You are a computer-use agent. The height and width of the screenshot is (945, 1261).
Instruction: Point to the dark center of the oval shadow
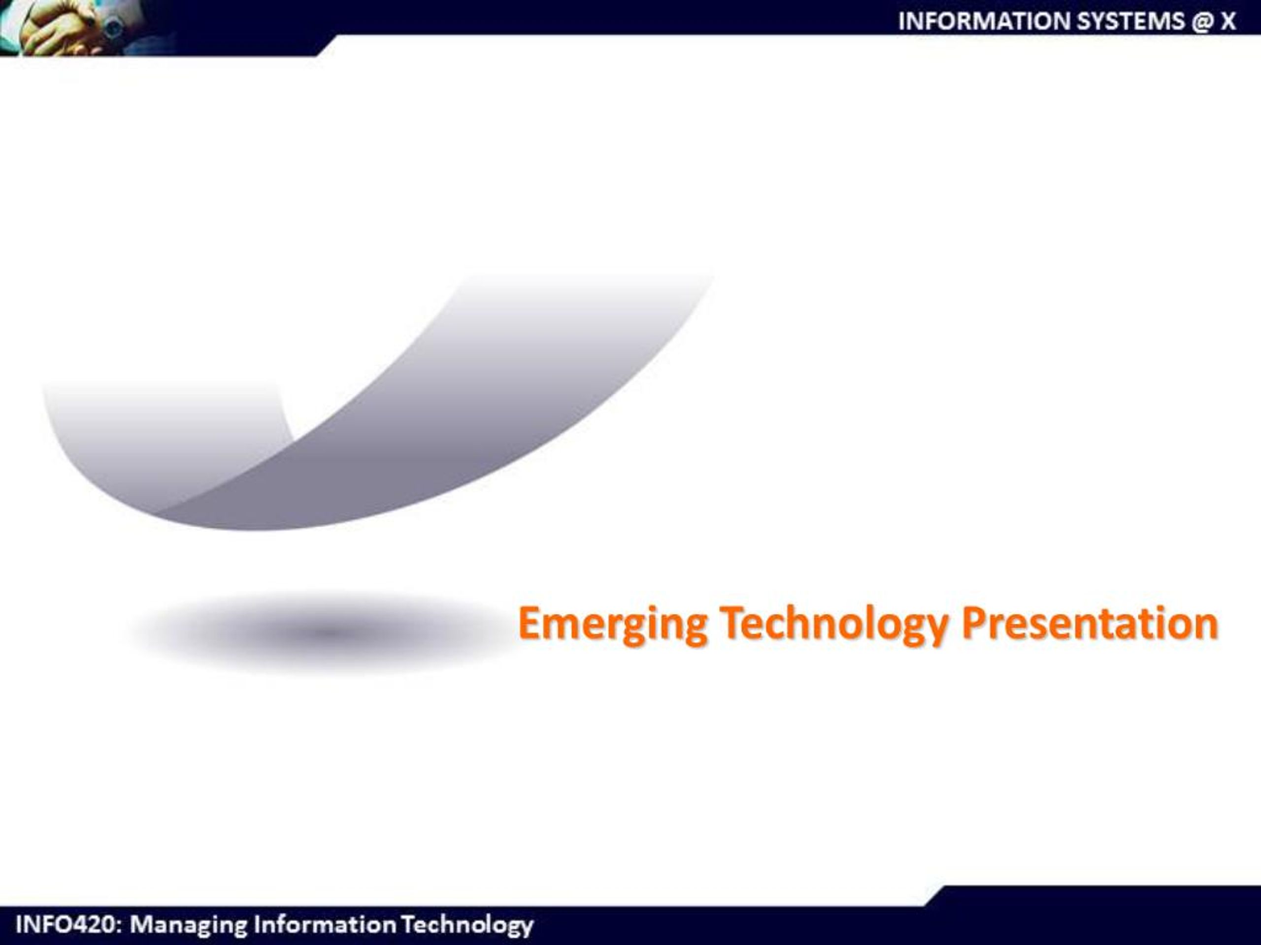click(x=328, y=631)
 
